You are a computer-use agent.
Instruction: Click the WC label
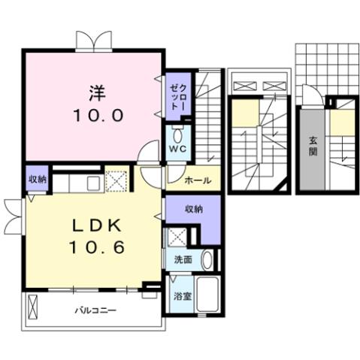[177, 149]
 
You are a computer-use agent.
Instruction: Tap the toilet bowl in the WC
[177, 135]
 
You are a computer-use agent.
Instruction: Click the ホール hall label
[197, 180]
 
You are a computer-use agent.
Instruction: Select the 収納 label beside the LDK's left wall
[38, 179]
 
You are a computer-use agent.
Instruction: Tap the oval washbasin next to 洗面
[207, 260]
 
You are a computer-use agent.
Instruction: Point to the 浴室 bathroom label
[183, 296]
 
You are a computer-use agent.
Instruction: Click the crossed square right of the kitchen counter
[116, 181]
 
